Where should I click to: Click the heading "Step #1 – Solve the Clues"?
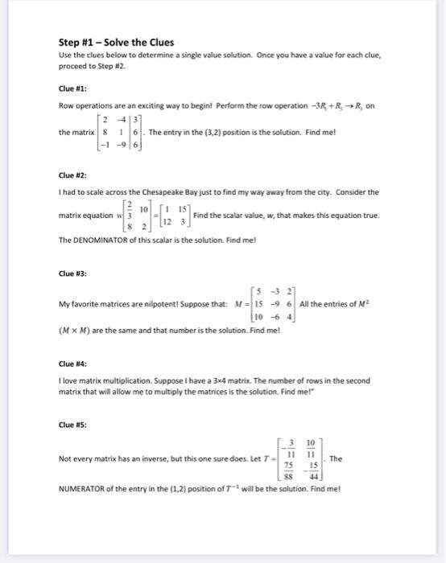pyautogui.click(x=116, y=42)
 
